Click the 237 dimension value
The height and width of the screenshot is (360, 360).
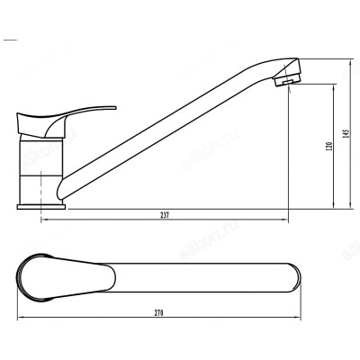click(165, 215)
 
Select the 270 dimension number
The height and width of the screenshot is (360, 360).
click(158, 312)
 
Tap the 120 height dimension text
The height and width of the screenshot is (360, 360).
click(330, 146)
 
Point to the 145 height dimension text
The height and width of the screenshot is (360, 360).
click(346, 133)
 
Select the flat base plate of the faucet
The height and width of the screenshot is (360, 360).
click(41, 207)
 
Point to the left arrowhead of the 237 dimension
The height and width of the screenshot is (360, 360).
click(43, 220)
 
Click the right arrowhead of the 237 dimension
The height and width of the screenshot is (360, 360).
click(285, 220)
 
